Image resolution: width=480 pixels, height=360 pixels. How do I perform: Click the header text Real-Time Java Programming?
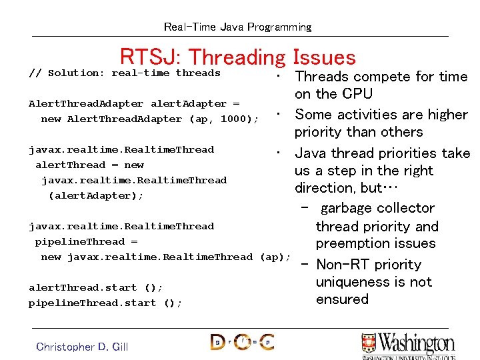pos(238,27)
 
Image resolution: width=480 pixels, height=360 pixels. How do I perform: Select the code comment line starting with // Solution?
pos(125,73)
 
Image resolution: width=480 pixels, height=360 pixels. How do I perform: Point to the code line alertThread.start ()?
pos(96,287)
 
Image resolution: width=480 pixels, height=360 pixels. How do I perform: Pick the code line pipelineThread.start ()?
pos(105,303)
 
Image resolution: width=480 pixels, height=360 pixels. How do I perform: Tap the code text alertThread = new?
pos(89,165)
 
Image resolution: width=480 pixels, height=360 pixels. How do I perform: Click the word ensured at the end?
pos(342,299)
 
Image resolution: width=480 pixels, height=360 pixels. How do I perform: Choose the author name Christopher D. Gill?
pos(82,346)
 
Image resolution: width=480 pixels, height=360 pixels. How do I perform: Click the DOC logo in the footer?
pos(242,342)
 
